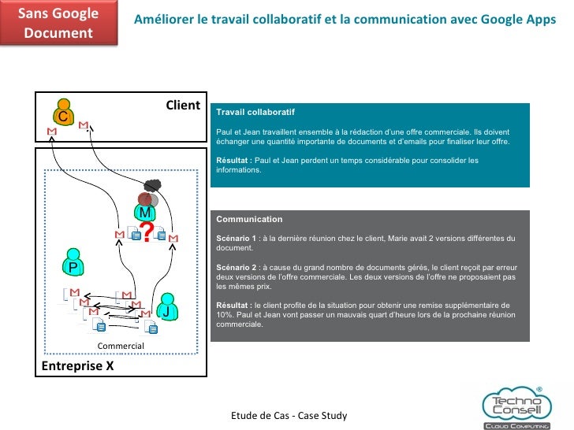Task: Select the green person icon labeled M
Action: (x=145, y=209)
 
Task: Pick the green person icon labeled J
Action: (x=166, y=308)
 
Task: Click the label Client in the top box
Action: (x=182, y=106)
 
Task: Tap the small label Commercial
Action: (x=121, y=346)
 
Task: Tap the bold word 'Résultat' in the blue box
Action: (x=233, y=160)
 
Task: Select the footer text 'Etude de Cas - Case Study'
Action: (x=289, y=415)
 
